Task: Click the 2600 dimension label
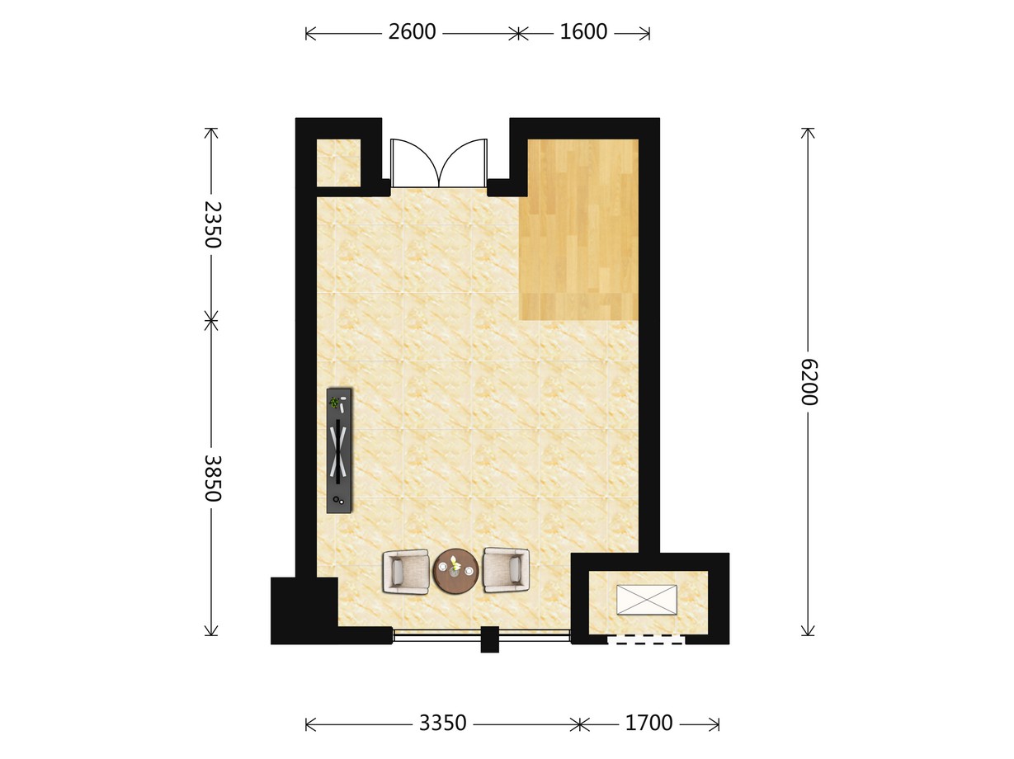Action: click(x=412, y=32)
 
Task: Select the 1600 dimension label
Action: click(x=583, y=32)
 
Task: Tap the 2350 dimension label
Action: click(x=213, y=224)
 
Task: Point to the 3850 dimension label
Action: click(x=213, y=478)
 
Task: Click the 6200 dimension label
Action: click(x=809, y=382)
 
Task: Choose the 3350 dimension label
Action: click(x=442, y=723)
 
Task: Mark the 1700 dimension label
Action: click(x=648, y=723)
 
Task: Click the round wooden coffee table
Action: click(x=455, y=571)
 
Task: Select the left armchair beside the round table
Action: click(x=406, y=571)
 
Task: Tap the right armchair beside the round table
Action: click(x=506, y=569)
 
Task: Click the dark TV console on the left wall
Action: click(x=340, y=450)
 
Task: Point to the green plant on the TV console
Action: click(x=334, y=403)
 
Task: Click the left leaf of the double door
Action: click(x=414, y=163)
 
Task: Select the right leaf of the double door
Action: click(x=463, y=163)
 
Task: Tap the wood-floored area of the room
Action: click(x=579, y=229)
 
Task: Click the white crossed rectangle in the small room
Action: click(x=647, y=600)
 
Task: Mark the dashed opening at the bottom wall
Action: click(x=646, y=639)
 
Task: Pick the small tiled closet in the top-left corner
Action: click(x=338, y=163)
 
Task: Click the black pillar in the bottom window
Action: click(x=490, y=639)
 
